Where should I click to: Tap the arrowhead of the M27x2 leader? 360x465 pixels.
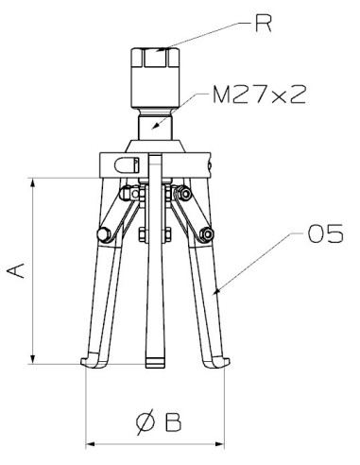pyautogui.click(x=157, y=127)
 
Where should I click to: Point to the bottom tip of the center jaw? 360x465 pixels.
pyautogui.click(x=154, y=367)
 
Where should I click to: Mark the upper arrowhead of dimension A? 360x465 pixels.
pyautogui.click(x=35, y=181)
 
